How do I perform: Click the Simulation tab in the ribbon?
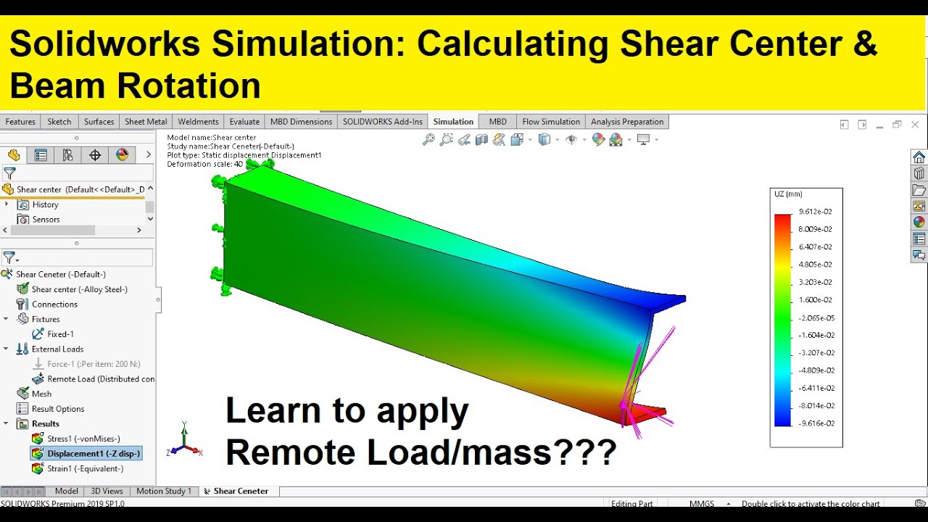[453, 122]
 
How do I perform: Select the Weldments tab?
[198, 122]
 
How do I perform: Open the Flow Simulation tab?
[551, 122]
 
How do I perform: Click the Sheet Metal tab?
[146, 122]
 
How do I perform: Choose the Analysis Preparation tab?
[627, 122]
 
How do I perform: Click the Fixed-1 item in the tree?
[60, 334]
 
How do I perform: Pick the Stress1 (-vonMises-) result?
[83, 439]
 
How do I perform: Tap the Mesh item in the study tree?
[41, 394]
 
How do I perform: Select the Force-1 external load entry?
[94, 364]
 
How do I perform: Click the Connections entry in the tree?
[54, 304]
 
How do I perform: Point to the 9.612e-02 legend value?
[816, 212]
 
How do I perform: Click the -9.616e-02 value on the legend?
[816, 423]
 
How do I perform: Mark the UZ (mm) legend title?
[788, 194]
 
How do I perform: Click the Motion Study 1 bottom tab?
[164, 492]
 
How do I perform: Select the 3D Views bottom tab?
[107, 492]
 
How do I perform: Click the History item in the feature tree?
[45, 205]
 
